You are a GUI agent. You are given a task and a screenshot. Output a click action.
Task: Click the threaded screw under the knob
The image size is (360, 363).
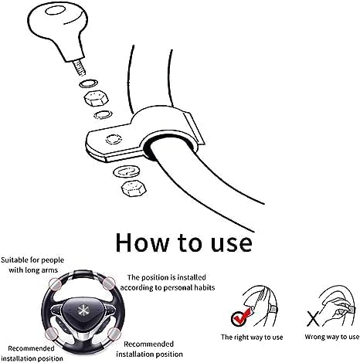[80, 68]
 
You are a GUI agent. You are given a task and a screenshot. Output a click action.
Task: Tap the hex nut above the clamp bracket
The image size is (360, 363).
[97, 98]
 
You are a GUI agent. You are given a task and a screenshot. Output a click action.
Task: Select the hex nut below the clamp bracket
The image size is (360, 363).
[134, 188]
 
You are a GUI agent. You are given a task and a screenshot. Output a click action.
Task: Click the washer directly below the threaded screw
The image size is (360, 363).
[88, 83]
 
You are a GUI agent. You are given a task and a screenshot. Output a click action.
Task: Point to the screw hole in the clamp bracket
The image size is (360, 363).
[114, 140]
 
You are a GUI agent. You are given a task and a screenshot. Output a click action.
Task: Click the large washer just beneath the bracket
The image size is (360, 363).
[127, 171]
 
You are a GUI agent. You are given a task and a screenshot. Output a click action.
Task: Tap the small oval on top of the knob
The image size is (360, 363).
[56, 11]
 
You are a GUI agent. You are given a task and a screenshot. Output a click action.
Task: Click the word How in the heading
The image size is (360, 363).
[143, 243]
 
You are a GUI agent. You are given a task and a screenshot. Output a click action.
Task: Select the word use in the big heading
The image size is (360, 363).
[231, 243]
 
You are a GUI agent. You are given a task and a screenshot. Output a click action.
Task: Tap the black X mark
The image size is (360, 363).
[313, 318]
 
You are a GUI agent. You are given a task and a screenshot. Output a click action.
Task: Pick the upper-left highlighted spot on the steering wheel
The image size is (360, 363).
[56, 284]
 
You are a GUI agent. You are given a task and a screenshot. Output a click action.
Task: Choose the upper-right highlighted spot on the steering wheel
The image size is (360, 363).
[109, 283]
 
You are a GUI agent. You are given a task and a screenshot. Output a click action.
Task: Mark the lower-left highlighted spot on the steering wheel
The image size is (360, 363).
[52, 334]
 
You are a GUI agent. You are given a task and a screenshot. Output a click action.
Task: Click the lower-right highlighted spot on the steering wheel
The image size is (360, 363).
[114, 334]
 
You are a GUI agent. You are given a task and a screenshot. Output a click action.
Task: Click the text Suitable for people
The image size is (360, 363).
[32, 260]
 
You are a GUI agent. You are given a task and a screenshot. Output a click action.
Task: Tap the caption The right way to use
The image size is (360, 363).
[252, 338]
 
